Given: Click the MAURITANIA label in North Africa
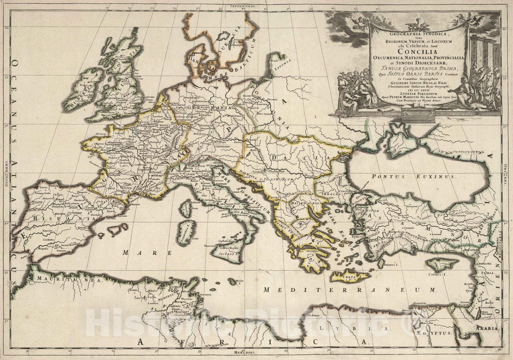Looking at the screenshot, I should (x=69, y=279).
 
